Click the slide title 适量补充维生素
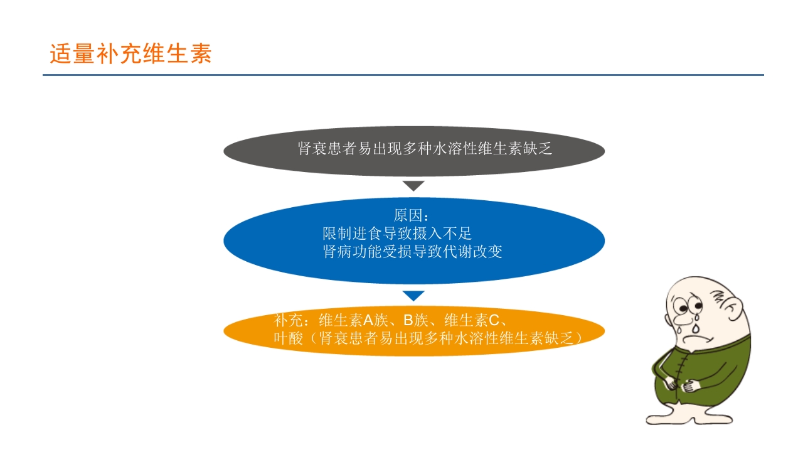coord(130,54)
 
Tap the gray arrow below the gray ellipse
coord(413,186)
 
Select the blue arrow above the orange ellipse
coord(413,296)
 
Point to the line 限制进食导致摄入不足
coord(396,234)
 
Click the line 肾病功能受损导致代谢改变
coord(412,252)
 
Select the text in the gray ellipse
coord(425,149)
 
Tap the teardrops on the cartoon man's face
coord(697,326)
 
